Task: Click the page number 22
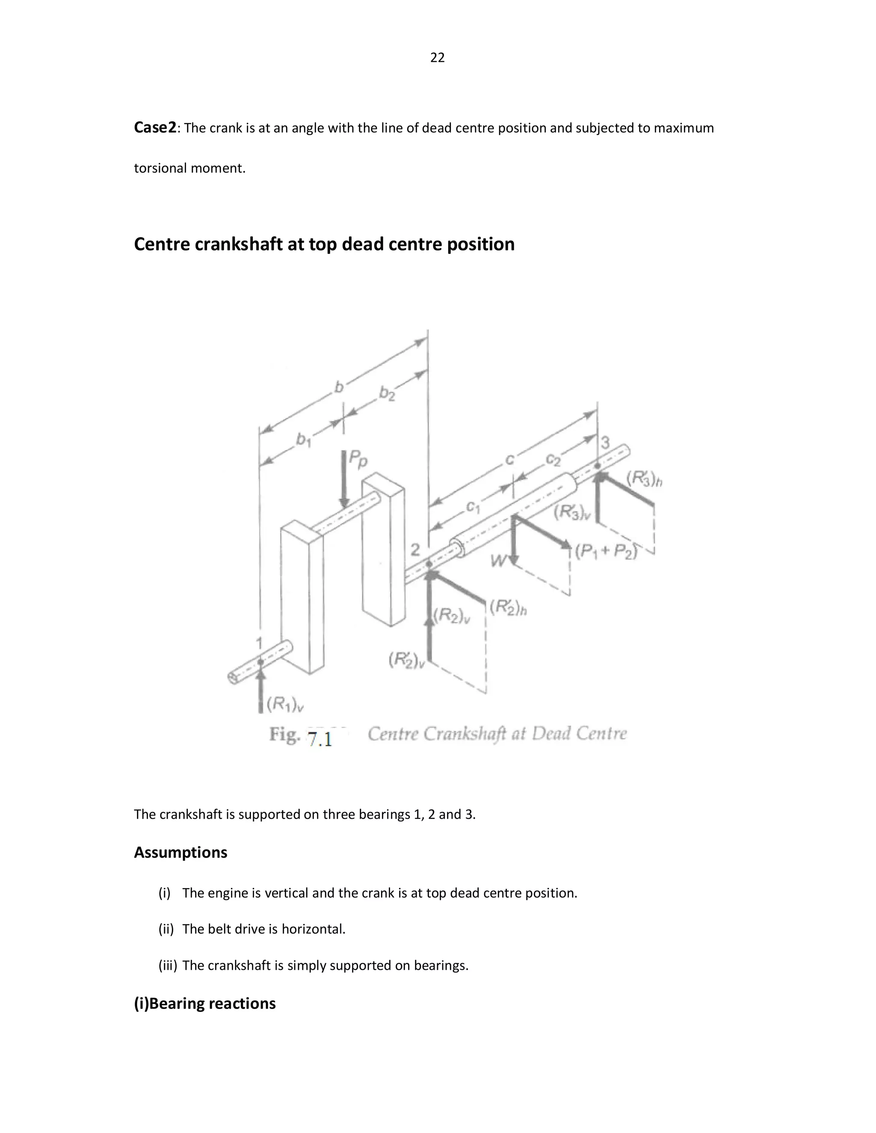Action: pyautogui.click(x=437, y=58)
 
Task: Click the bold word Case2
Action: pyautogui.click(x=155, y=127)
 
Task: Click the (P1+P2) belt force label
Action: pyautogui.click(x=606, y=552)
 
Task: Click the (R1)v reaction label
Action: pyautogui.click(x=285, y=704)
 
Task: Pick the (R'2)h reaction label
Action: pyautogui.click(x=508, y=607)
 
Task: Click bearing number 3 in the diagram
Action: pyautogui.click(x=605, y=443)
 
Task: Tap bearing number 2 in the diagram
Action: pyautogui.click(x=415, y=549)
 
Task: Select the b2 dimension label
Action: pyautogui.click(x=387, y=394)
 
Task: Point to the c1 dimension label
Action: pyautogui.click(x=473, y=507)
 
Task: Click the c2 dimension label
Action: pyautogui.click(x=553, y=459)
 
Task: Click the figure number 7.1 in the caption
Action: pyautogui.click(x=320, y=739)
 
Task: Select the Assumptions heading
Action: pyautogui.click(x=181, y=853)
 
